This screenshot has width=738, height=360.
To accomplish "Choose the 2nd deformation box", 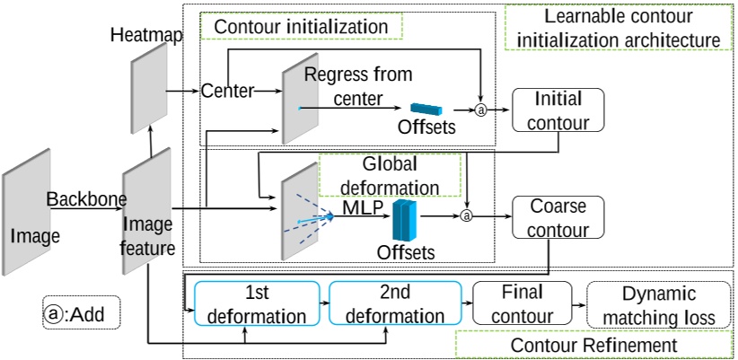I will point(395,304).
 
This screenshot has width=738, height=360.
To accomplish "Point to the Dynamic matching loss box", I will point(658,304).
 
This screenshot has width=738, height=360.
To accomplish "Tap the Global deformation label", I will point(389,176).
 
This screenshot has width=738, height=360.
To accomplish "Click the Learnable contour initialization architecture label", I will point(619,28).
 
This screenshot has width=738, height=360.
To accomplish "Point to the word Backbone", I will point(86,198).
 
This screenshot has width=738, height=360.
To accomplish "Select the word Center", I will point(226,91).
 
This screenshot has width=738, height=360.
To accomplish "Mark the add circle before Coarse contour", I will point(466,215).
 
